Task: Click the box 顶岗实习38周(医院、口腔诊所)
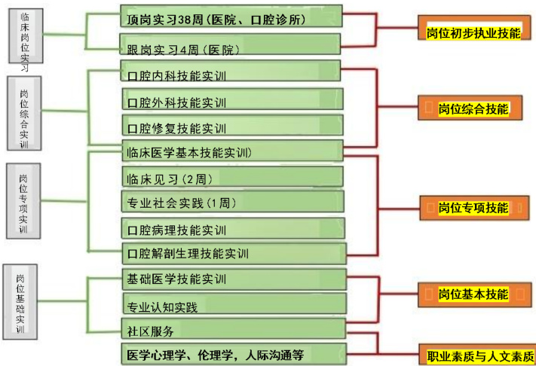coord(231,18)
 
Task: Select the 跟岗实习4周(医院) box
coord(231,47)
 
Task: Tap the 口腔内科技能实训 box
coord(231,75)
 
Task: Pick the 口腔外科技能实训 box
coord(231,101)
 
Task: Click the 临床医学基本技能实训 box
coord(231,151)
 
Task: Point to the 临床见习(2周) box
coord(231,178)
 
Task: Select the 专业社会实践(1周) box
coord(231,203)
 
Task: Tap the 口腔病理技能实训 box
coord(231,229)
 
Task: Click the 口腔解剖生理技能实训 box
coord(231,253)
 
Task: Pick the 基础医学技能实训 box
coord(231,279)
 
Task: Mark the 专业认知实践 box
coord(231,306)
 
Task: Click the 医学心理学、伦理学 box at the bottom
coord(231,354)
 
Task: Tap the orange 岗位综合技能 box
coord(471,108)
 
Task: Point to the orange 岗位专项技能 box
coord(471,208)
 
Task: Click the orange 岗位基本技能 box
coord(471,294)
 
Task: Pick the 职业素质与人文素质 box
coord(477,355)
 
